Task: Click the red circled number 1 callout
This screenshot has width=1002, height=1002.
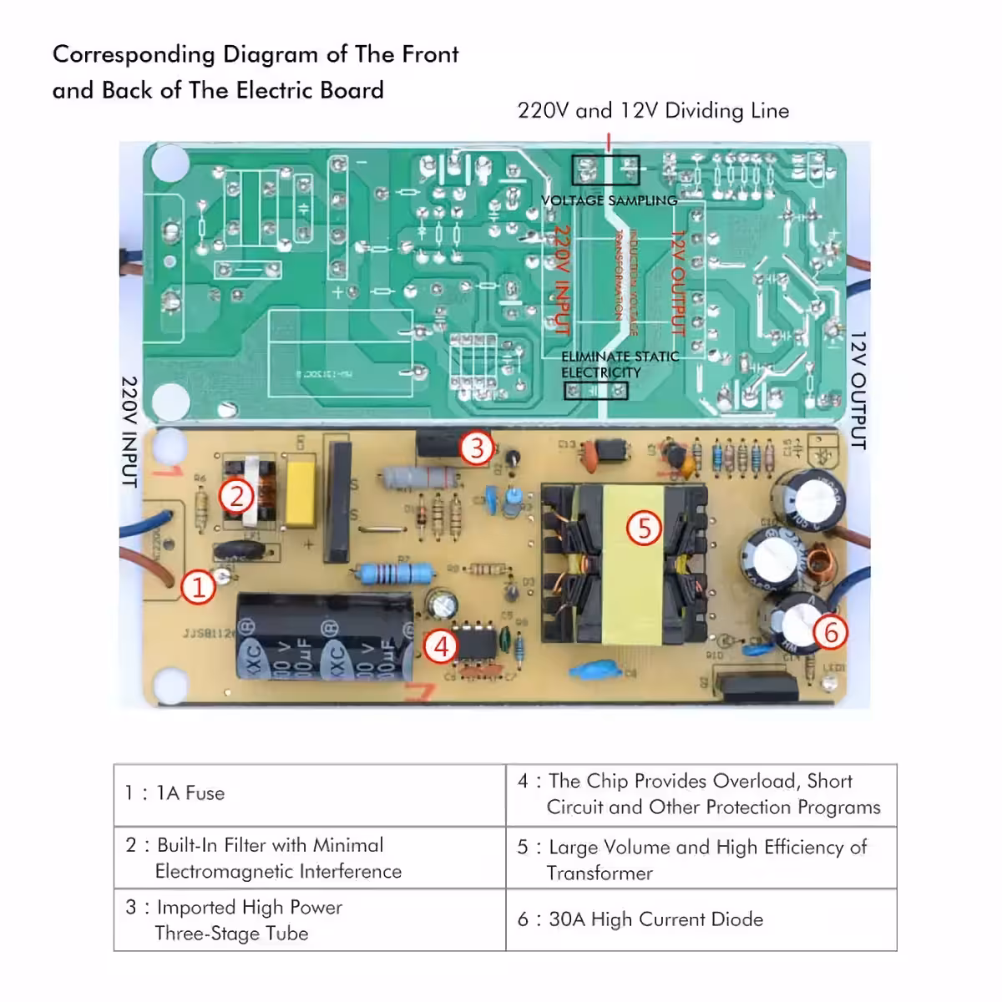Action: pos(199,588)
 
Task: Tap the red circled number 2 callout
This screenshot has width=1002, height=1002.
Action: pos(236,497)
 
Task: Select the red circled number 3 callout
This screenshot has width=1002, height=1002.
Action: pos(477,448)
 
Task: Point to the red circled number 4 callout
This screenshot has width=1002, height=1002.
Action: pos(441,646)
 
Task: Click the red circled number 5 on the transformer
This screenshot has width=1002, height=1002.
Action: pos(644,528)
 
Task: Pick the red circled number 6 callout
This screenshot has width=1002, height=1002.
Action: pos(830,632)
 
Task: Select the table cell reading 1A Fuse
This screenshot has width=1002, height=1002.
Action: pos(310,794)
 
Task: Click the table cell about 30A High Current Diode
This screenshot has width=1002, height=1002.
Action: pos(701,919)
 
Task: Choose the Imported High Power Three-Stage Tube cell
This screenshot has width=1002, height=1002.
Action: pos(310,919)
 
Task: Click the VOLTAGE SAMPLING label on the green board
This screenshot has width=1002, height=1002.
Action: pos(609,200)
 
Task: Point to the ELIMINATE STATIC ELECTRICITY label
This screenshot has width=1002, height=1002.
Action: pos(619,364)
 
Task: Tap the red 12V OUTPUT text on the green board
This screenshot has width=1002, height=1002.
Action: pos(677,284)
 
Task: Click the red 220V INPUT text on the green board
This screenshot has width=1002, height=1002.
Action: pos(561,280)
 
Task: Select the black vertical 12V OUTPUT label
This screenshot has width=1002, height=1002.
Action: pos(858,391)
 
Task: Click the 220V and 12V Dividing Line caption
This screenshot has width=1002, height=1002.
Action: pos(653,110)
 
